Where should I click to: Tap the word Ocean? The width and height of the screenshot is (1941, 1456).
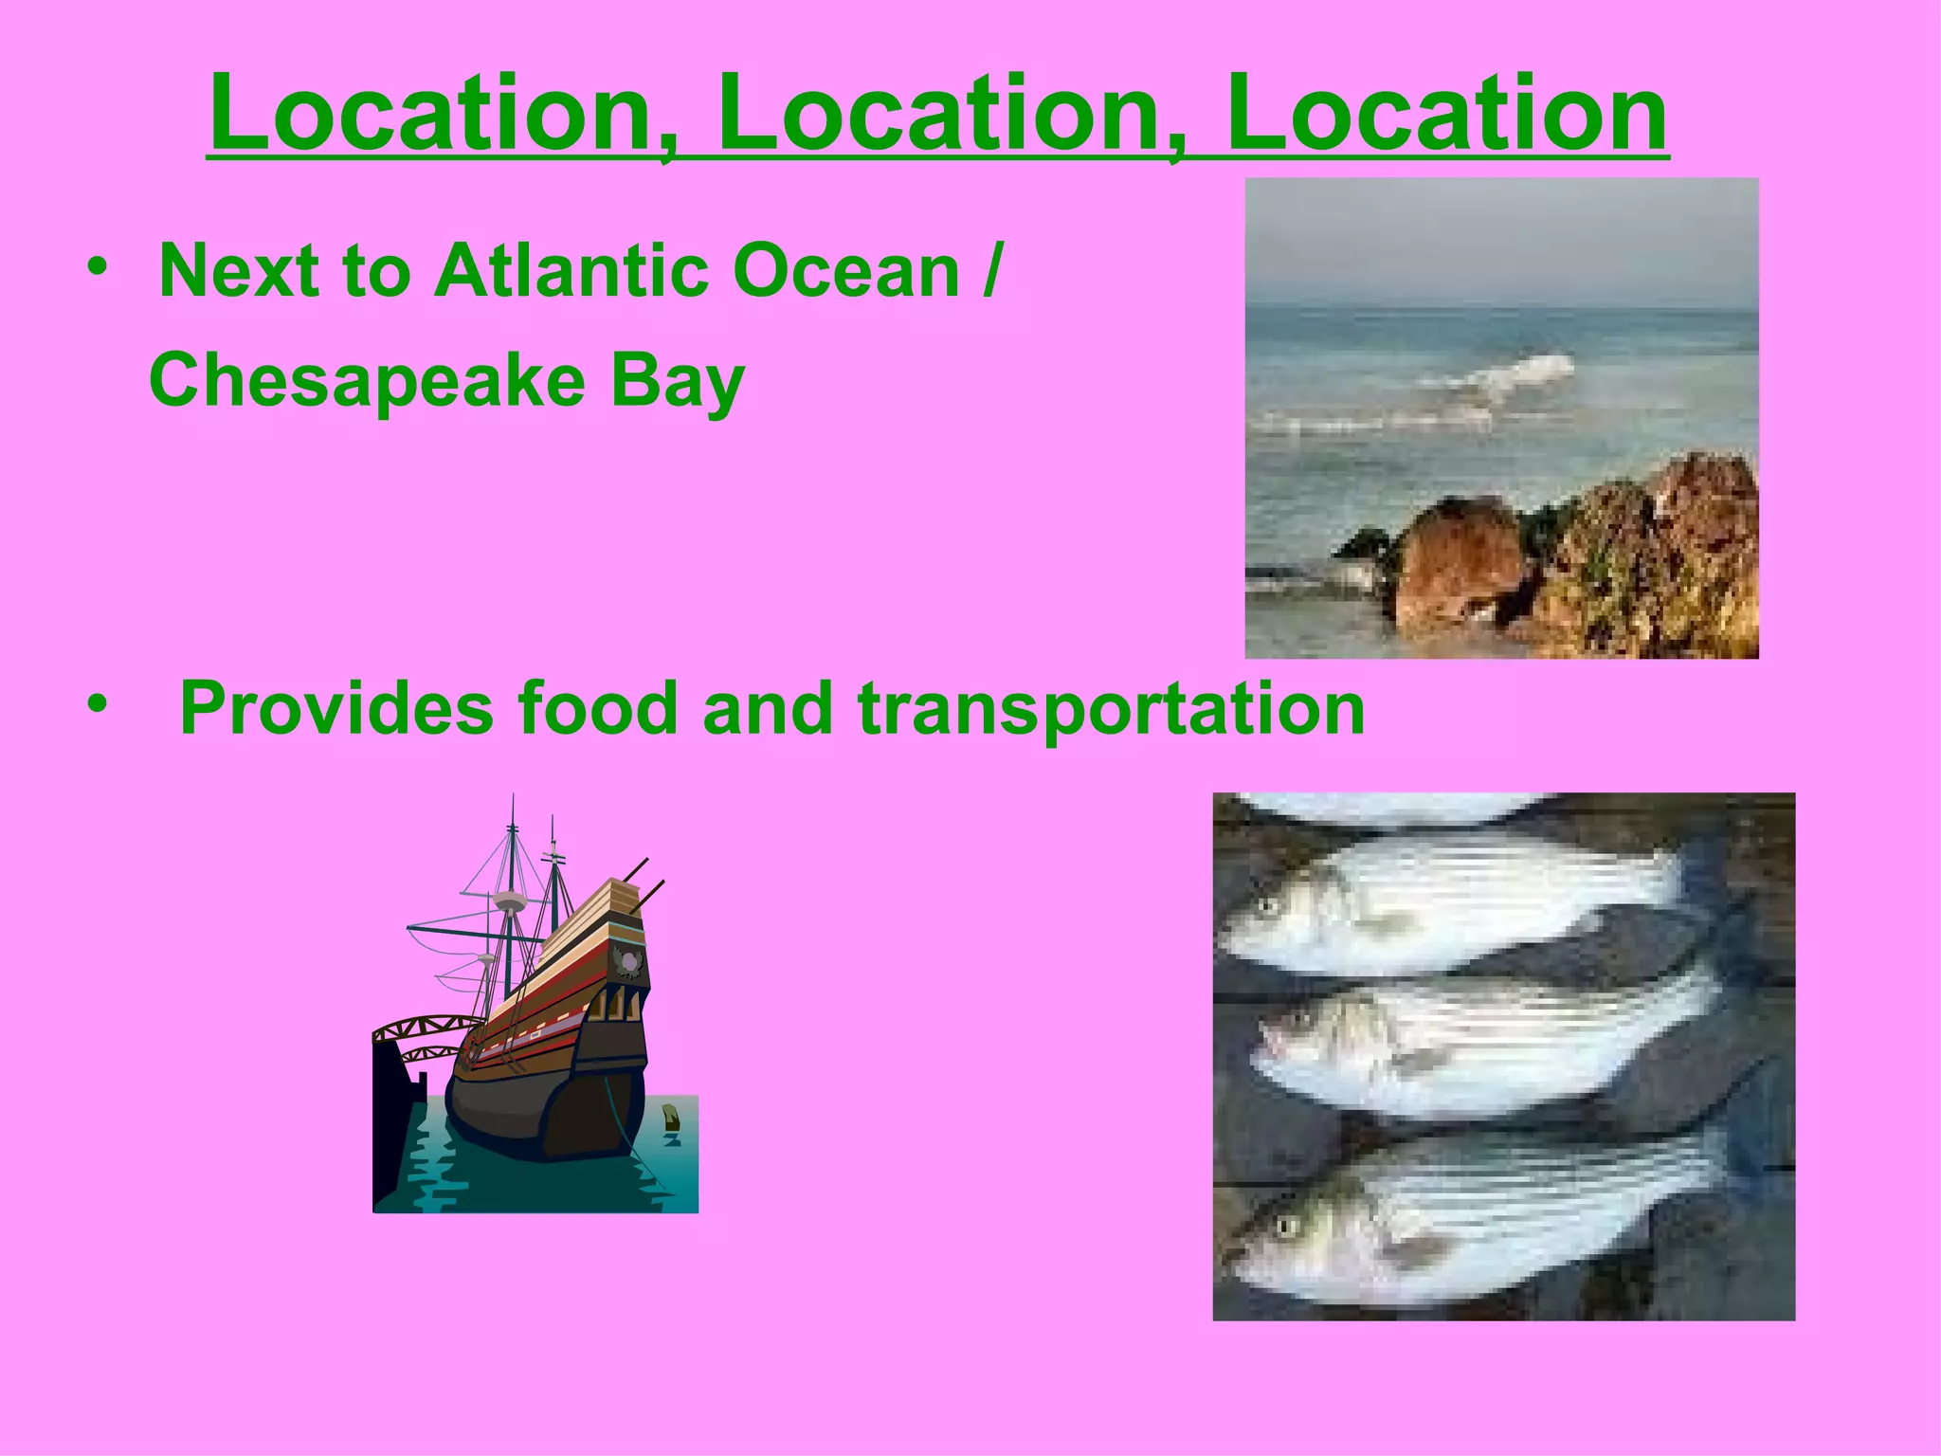846,272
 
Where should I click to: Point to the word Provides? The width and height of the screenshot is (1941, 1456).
336,709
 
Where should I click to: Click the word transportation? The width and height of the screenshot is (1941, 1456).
1111,711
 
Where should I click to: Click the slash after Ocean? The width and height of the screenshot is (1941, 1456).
990,272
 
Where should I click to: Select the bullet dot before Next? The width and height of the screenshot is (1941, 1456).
96,267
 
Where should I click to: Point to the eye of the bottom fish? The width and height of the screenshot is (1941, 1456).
1286,1228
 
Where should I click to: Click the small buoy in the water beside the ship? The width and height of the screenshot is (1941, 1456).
671,1117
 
